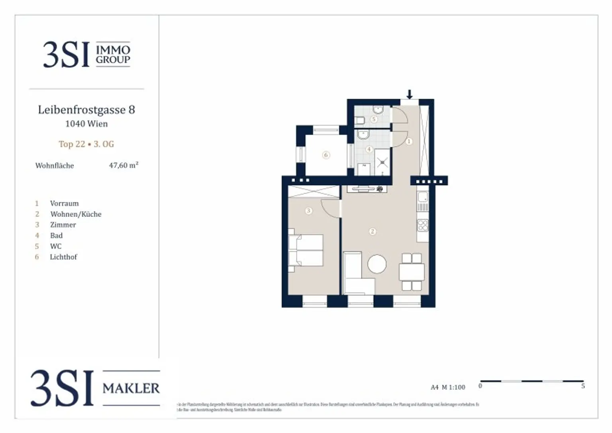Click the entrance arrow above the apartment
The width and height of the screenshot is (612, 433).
point(409,94)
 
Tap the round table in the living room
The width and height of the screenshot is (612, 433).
point(377,264)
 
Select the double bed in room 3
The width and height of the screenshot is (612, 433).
point(306,250)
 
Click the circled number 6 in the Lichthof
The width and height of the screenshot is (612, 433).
point(326,155)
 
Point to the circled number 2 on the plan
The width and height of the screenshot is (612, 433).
point(373,231)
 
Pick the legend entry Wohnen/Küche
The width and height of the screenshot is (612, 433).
point(76,214)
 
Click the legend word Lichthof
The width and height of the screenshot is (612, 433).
point(63,257)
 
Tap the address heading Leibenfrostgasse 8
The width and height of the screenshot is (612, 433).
point(86,110)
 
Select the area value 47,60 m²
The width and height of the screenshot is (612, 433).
point(124,165)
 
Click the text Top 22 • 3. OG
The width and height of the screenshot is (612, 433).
point(86,144)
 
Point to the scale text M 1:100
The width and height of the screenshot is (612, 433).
point(453,387)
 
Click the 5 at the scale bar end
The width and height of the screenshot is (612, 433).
point(583,386)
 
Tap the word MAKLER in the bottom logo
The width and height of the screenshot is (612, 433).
point(131,388)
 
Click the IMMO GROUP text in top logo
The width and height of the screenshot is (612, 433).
point(113,55)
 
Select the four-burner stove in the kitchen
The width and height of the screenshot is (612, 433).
point(423,225)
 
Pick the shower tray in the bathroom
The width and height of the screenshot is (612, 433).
point(382,162)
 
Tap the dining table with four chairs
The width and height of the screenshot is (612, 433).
point(412,272)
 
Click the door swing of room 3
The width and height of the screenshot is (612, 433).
point(330,208)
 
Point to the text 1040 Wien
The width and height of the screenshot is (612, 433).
point(86,124)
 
